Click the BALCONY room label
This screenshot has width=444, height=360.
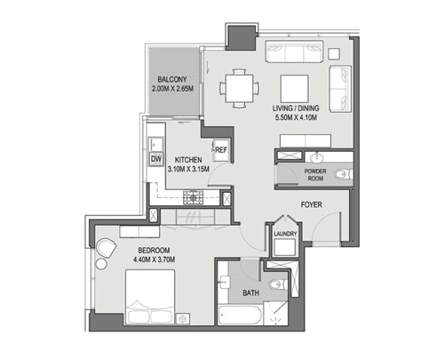tap(172, 79)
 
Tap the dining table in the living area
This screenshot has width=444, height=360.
tap(239, 88)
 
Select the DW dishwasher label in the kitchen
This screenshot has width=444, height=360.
tap(156, 159)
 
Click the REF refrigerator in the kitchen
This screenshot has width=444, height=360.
tap(221, 150)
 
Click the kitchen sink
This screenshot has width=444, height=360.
tap(155, 144)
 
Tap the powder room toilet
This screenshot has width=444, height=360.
tap(344, 174)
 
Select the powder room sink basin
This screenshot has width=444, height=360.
tap(317, 158)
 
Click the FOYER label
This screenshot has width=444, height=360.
tap(312, 204)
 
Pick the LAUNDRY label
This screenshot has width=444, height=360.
tap(285, 234)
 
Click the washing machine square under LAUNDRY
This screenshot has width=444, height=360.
tap(285, 247)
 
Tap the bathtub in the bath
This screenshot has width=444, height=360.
tap(240, 316)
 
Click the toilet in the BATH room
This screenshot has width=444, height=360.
tap(279, 284)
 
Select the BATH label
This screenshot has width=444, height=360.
tap(250, 293)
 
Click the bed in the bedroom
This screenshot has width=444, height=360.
tap(150, 297)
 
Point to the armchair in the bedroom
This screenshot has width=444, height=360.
tap(106, 248)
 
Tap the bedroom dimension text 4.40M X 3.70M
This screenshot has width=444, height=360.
tap(154, 260)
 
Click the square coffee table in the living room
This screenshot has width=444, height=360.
tap(295, 89)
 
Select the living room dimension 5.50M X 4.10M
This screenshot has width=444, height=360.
tap(297, 117)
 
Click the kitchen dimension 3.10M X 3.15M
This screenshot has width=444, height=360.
tap(188, 169)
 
